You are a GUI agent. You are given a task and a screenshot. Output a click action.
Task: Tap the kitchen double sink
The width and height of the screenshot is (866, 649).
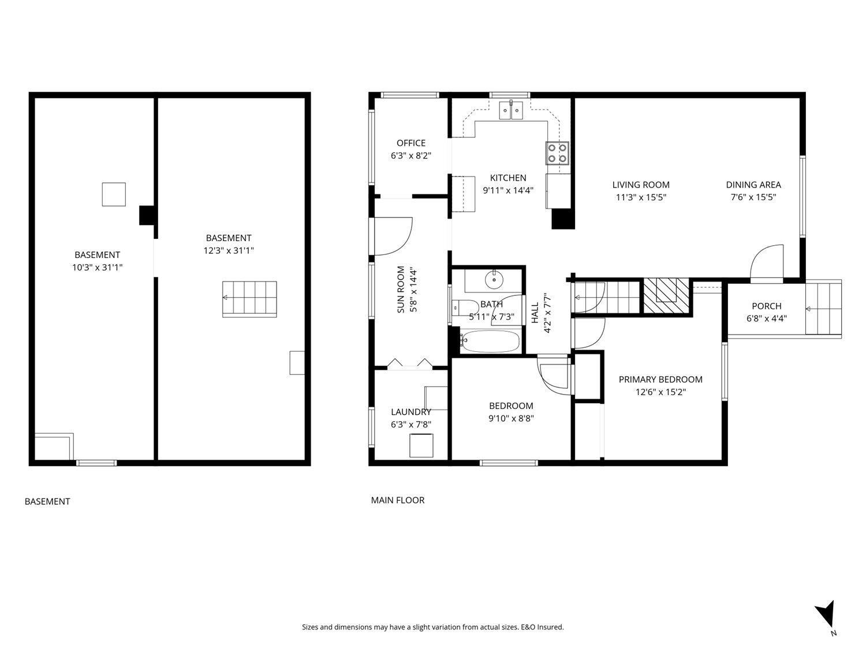coord(511,108)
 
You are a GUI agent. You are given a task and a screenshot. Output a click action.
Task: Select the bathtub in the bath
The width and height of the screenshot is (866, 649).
coord(490,341)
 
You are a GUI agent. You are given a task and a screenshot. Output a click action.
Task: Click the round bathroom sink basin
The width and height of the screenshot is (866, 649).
coord(494,280)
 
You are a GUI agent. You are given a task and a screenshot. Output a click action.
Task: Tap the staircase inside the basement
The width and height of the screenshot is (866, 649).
coord(249,299)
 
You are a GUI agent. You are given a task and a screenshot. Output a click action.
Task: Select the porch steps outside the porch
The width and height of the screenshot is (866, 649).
coord(823,309)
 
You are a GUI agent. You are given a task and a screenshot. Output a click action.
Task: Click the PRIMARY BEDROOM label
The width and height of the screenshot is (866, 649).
coord(660,380)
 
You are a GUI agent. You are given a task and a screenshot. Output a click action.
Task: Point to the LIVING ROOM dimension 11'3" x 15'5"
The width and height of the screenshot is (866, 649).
coord(641,197)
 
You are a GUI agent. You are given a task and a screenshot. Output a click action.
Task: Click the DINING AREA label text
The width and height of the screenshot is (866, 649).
coord(753,185)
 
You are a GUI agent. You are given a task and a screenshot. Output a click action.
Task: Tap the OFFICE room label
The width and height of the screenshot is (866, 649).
coord(411,143)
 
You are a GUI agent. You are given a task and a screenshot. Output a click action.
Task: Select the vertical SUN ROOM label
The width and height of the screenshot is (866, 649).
coord(401,290)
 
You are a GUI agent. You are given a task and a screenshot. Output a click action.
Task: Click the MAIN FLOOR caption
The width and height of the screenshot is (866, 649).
coord(397,500)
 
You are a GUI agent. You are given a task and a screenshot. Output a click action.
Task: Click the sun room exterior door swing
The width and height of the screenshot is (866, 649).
coord(393,237)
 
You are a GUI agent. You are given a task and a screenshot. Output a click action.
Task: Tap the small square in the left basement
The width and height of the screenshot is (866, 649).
coord(114,194)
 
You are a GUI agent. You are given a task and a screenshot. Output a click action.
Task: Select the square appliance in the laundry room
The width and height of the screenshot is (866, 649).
coord(421,445)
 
